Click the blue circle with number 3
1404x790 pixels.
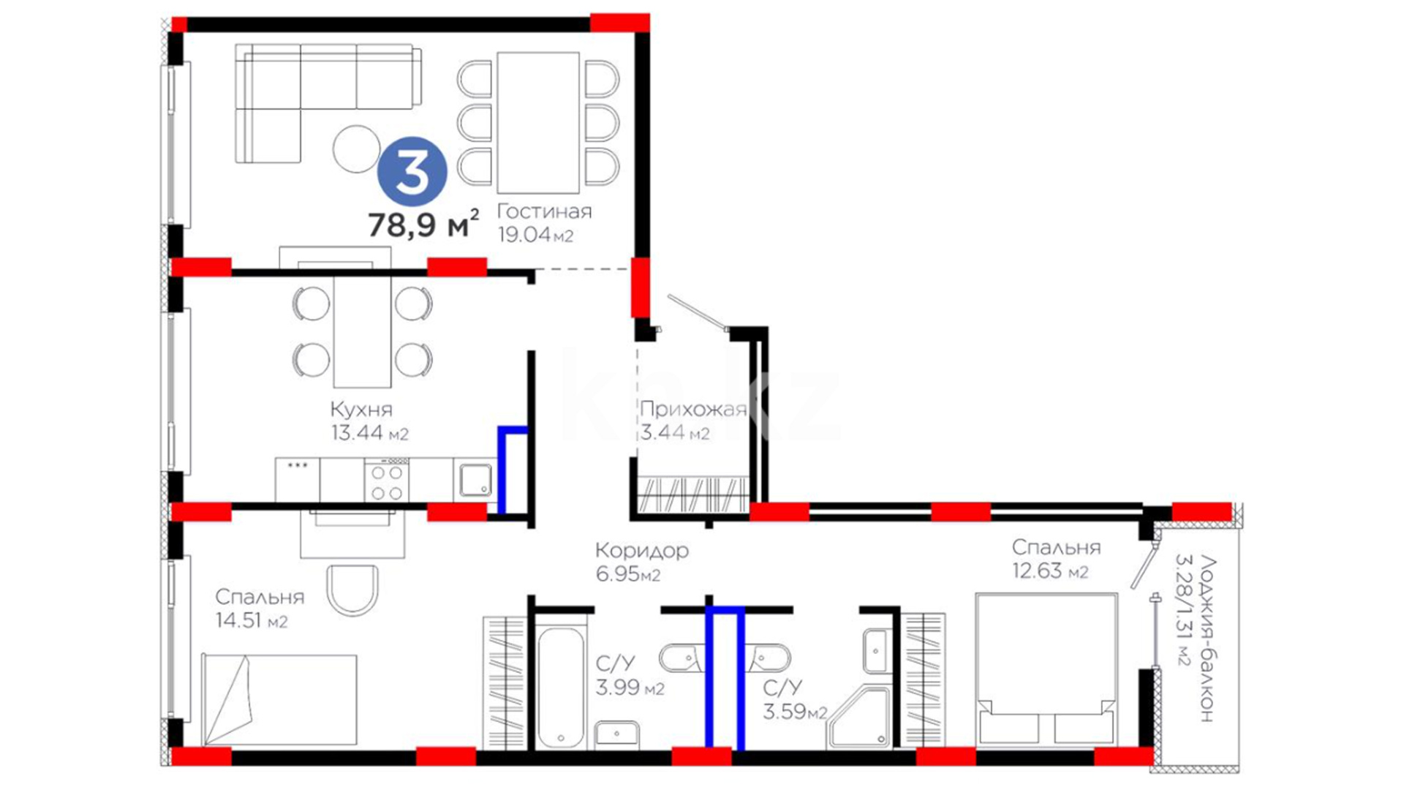tap(412, 172)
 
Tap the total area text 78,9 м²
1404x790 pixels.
tap(423, 224)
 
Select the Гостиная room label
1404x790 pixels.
tap(544, 211)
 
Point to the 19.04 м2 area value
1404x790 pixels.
tap(535, 235)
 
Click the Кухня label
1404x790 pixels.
tap(361, 409)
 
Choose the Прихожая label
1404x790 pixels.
tap(693, 410)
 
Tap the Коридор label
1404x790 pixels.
tap(642, 550)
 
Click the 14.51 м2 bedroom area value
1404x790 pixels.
tap(252, 620)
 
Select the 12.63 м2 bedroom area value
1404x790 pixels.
tap(1050, 571)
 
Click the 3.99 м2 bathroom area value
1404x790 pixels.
tap(630, 688)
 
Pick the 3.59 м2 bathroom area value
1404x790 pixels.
tap(795, 711)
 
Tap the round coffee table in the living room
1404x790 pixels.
tap(356, 148)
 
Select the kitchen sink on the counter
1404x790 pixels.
tap(475, 480)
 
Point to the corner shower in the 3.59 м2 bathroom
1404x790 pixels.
tap(861, 717)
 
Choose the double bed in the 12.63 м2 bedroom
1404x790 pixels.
tap(1046, 669)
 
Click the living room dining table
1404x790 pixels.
tap(538, 122)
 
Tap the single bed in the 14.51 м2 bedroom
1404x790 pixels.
tap(279, 700)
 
